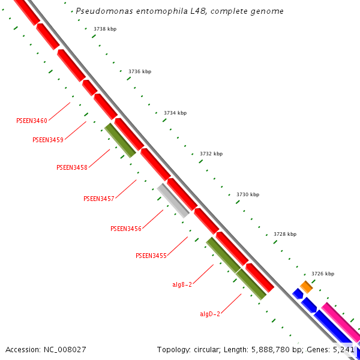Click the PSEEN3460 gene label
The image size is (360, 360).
tap(32, 121)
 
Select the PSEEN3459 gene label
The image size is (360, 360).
tap(48, 140)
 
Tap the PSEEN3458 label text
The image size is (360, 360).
tap(72, 167)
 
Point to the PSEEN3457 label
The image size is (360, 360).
tap(98, 199)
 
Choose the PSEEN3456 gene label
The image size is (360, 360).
tap(126, 229)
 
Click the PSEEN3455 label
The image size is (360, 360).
tap(151, 256)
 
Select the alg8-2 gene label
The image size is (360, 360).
tap(182, 284)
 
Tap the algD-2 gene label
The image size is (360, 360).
tap(210, 314)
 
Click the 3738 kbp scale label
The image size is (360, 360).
tap(105, 29)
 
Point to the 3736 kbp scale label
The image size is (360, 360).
tap(140, 71)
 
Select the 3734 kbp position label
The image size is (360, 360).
tap(175, 113)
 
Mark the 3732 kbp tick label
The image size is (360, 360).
tap(211, 154)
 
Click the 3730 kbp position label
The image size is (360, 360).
tap(248, 194)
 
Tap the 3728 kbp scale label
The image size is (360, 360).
tap(285, 234)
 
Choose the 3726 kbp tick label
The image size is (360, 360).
tap(322, 274)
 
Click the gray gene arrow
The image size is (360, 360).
tap(173, 200)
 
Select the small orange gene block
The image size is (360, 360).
tap(307, 287)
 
